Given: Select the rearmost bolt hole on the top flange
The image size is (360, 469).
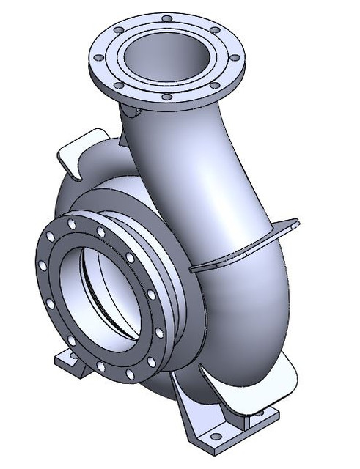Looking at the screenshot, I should (x=167, y=18).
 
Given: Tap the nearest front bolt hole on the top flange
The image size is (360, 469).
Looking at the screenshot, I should (x=166, y=97).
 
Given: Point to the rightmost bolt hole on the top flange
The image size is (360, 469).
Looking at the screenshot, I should (x=235, y=57).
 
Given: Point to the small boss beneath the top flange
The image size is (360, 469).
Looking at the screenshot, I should (x=132, y=111).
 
